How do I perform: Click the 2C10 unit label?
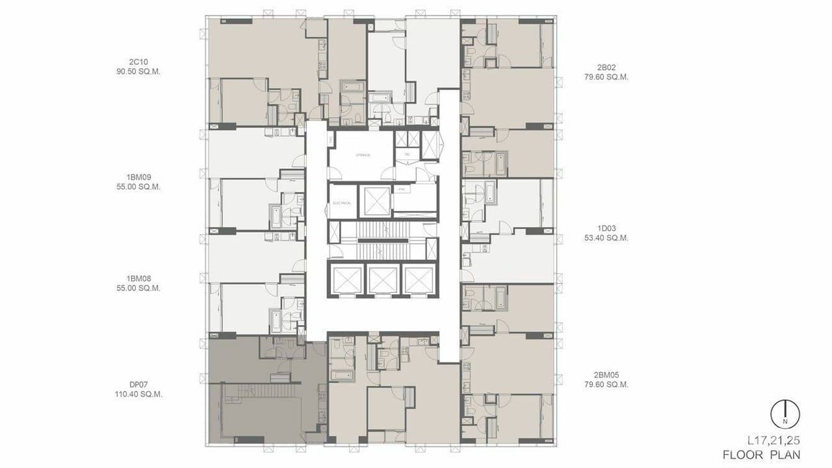137,61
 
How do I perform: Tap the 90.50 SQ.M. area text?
137,71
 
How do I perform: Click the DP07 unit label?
138,384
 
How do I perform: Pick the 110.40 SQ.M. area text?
138,394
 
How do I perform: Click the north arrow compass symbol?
785,414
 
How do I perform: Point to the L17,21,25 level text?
773,441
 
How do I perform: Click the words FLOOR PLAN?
761,455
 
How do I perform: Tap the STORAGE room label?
363,155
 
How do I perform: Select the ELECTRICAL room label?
342,203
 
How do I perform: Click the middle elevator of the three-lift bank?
383,279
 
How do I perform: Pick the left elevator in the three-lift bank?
347,279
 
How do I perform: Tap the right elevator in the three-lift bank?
418,279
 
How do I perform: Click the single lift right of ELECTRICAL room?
376,200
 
